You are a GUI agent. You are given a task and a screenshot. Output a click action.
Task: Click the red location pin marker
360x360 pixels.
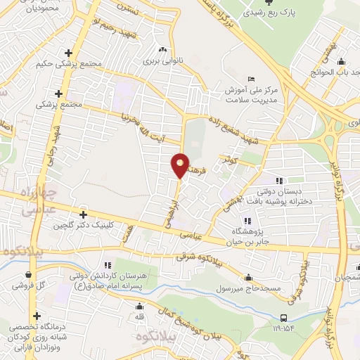pyautogui.click(x=180, y=165)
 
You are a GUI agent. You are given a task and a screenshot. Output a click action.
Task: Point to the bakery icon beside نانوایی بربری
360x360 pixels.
pyautogui.click(x=163, y=49)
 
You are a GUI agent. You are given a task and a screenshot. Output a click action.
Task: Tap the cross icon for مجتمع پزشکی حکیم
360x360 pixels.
pyautogui.click(x=68, y=53)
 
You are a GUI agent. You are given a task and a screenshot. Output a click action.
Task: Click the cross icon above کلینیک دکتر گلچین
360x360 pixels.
pyautogui.click(x=83, y=214)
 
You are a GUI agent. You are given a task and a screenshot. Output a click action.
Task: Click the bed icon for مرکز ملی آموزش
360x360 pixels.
pyautogui.click(x=251, y=79)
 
